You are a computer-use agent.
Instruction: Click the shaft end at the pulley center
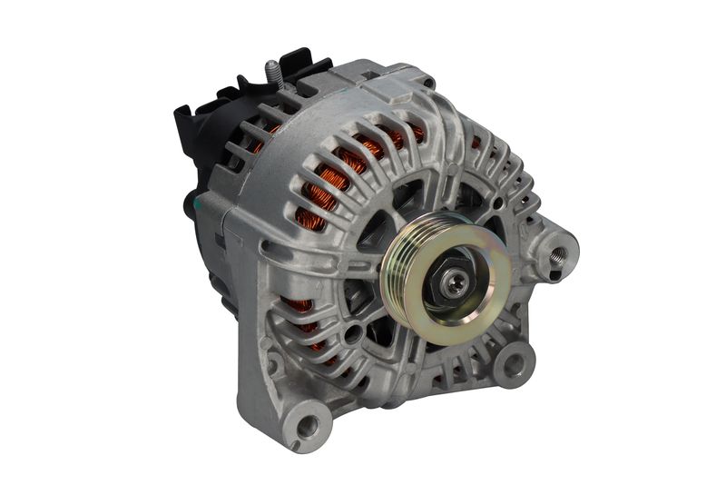tap(454, 283)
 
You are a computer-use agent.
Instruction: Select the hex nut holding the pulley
tap(450, 282)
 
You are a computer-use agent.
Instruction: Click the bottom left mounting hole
tap(309, 423)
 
